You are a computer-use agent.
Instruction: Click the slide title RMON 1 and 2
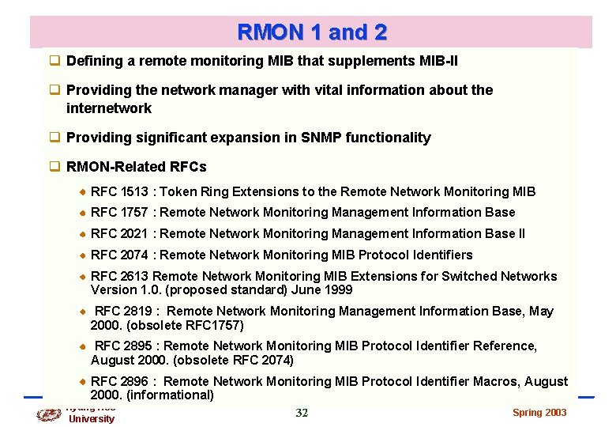pos(312,32)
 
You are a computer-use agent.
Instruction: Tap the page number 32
pos(302,413)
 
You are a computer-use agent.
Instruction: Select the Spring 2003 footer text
pos(539,413)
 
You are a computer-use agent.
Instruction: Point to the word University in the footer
pos(92,418)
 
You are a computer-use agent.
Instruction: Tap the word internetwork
pos(109,108)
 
